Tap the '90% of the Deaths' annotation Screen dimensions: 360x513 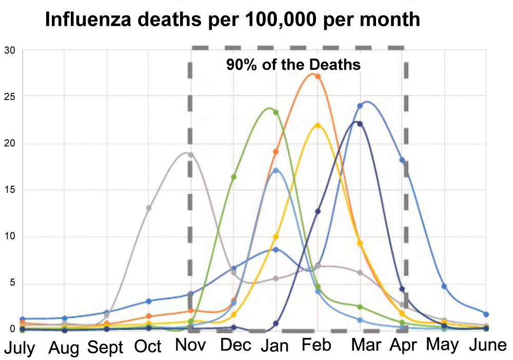(x=293, y=66)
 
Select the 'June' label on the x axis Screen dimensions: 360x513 (x=488, y=345)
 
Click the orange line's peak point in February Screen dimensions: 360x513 (x=318, y=76)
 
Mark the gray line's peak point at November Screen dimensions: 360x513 (x=191, y=154)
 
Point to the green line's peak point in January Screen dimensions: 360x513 (x=276, y=112)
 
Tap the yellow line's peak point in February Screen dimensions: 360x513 (x=318, y=125)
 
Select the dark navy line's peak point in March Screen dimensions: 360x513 (x=360, y=124)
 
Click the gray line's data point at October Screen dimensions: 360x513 (x=149, y=208)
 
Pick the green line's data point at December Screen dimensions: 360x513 (x=233, y=177)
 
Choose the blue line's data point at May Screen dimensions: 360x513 (x=444, y=286)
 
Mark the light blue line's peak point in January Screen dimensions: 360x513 (x=276, y=170)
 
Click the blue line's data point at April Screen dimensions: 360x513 (x=402, y=161)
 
